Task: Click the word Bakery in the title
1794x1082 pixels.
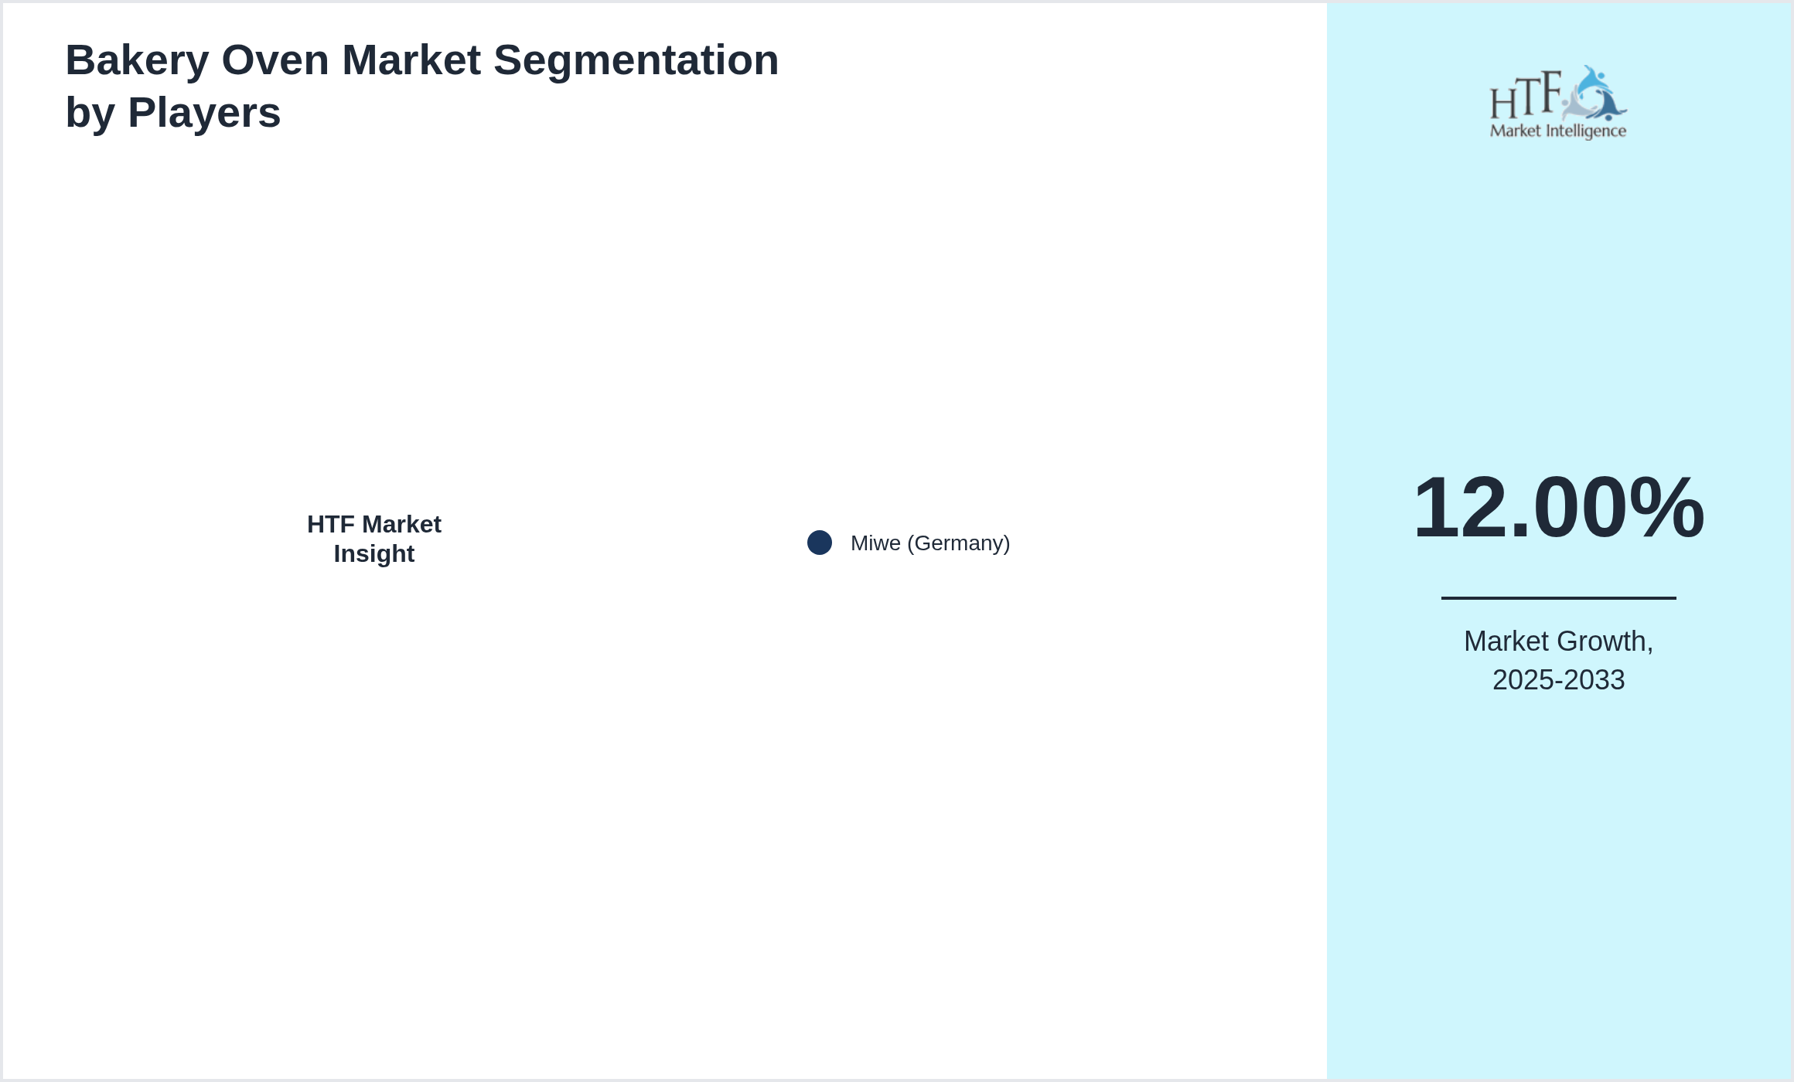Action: point(137,60)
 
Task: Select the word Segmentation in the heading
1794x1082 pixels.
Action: point(636,60)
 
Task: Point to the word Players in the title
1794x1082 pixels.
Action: point(204,113)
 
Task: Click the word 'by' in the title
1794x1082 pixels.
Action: point(90,113)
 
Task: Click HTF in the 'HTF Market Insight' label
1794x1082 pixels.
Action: point(331,525)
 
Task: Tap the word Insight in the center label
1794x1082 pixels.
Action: point(374,554)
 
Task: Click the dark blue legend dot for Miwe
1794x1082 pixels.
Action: point(820,543)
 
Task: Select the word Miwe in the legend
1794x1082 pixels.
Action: point(875,543)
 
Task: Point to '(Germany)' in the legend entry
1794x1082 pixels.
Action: point(959,543)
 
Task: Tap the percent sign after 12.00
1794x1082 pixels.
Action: point(1666,508)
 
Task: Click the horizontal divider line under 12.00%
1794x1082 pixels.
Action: point(1558,597)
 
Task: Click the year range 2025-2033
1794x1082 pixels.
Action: point(1558,680)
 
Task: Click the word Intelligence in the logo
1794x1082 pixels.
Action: point(1585,131)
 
